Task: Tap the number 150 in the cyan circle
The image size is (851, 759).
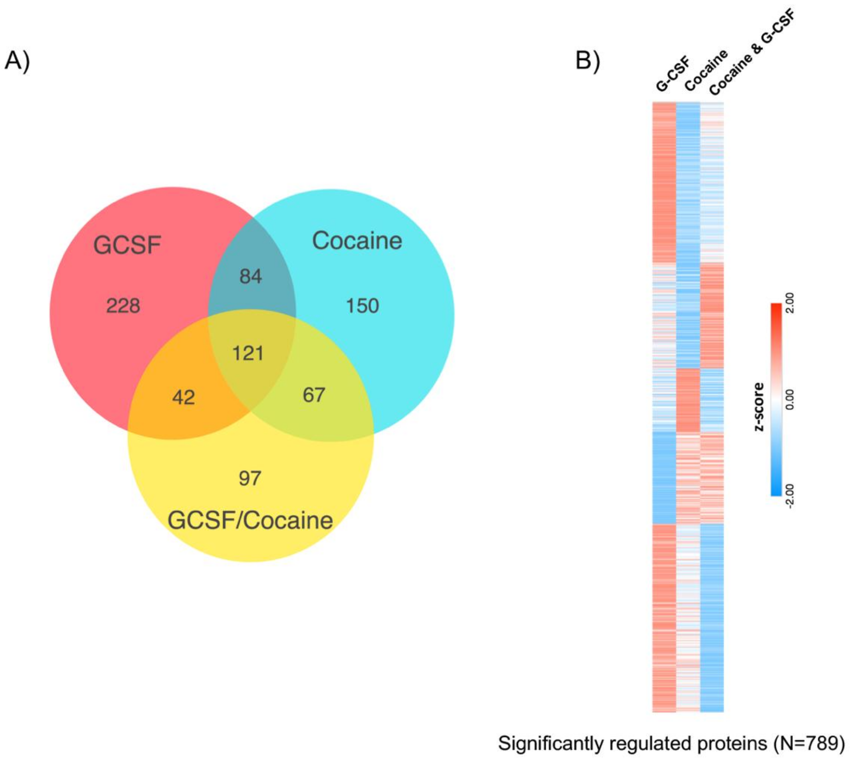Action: pyautogui.click(x=362, y=306)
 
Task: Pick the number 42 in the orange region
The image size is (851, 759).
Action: pyautogui.click(x=184, y=397)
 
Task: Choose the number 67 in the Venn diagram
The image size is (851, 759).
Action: pyautogui.click(x=313, y=395)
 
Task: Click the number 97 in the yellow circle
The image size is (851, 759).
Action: pyautogui.click(x=250, y=478)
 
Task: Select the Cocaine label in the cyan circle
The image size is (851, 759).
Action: pyautogui.click(x=357, y=241)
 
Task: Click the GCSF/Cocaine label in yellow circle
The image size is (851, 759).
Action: pyautogui.click(x=250, y=520)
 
